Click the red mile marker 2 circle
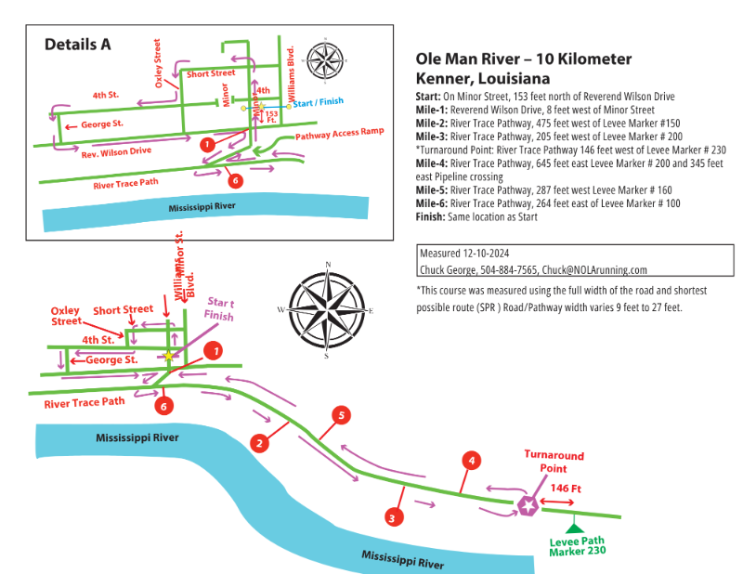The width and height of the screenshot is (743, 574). point(261,443)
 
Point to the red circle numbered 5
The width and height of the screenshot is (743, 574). point(342,416)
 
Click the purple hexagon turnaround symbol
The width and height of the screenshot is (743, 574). point(528,505)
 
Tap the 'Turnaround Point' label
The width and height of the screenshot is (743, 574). point(554,462)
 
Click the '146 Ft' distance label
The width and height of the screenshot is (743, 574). point(567,488)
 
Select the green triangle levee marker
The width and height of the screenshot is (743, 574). point(576,528)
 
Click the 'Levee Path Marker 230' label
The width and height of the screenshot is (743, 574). point(577,545)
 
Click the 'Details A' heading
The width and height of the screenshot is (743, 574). point(78,44)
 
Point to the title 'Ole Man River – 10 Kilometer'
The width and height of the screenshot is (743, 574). point(524,59)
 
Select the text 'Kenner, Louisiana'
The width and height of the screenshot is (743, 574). point(482,79)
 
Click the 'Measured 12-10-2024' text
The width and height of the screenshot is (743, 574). point(464,253)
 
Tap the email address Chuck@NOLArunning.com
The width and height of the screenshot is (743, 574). point(594,270)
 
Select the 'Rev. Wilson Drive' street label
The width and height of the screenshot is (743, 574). point(115,150)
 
